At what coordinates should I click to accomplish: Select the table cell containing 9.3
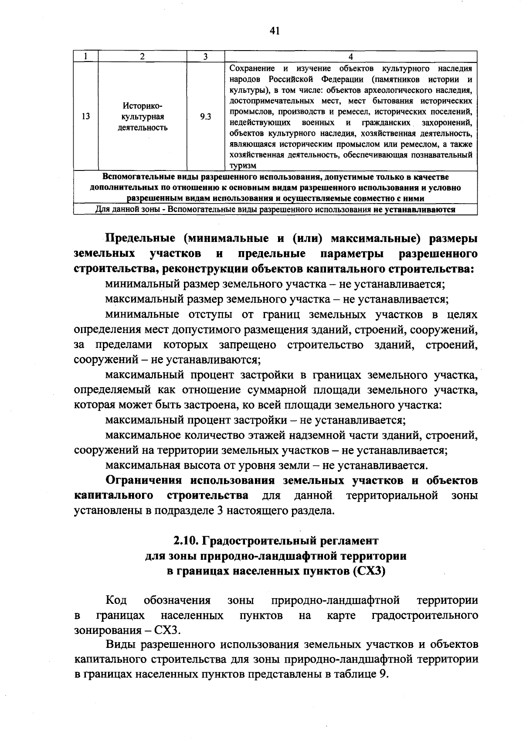click(205, 116)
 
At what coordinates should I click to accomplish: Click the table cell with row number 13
click(86, 116)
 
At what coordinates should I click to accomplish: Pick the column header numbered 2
click(142, 57)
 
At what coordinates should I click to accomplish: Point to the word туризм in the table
click(243, 166)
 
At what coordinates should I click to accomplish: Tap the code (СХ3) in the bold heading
click(369, 572)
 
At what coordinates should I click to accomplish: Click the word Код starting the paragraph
click(116, 600)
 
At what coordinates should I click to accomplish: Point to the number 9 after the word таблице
click(383, 674)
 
